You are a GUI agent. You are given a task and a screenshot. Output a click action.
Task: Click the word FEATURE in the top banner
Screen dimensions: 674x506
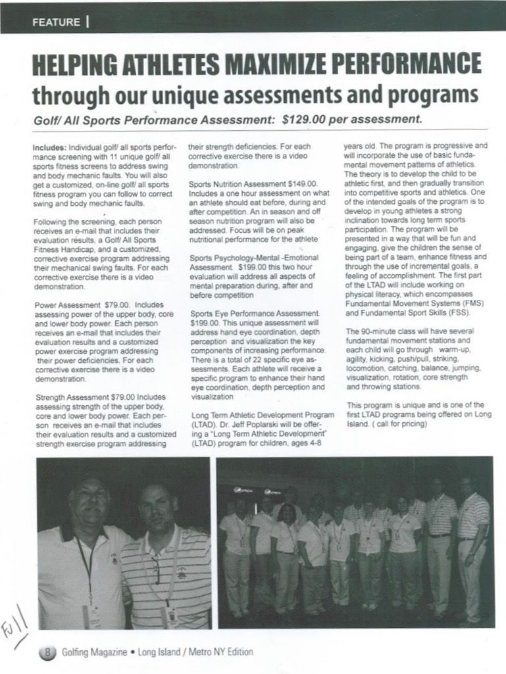point(55,22)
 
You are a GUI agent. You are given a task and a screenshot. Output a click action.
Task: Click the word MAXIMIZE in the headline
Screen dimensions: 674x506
point(282,66)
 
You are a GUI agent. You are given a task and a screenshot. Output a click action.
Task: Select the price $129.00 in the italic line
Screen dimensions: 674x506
point(305,120)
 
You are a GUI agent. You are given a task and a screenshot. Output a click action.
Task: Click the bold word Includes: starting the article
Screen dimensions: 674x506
point(49,149)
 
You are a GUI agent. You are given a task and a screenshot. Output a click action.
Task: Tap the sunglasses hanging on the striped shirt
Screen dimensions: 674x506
point(155,569)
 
